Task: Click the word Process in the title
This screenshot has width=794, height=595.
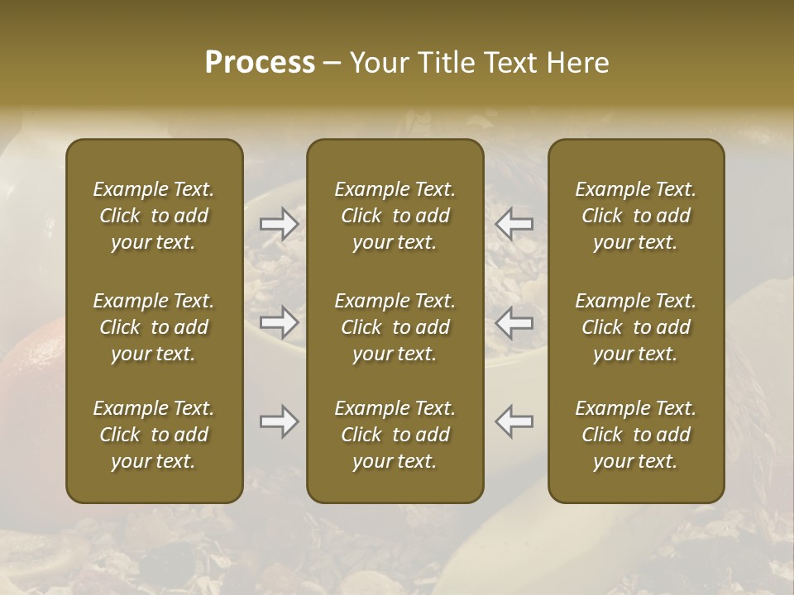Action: point(260,62)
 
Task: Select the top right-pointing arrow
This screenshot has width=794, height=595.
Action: point(279,223)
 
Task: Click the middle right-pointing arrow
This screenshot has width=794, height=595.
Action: point(279,321)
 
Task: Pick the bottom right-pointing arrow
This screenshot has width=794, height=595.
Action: point(279,421)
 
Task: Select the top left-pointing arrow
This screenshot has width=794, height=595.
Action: point(514,223)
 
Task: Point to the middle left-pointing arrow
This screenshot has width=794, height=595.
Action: point(514,321)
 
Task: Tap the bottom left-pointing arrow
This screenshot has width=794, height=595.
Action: point(514,421)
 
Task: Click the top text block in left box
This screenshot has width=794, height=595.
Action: point(154,216)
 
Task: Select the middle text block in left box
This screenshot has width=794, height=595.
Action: point(154,327)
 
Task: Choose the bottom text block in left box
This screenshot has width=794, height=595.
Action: point(154,435)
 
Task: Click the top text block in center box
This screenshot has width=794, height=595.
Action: point(395,216)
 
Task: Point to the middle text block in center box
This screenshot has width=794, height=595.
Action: point(395,327)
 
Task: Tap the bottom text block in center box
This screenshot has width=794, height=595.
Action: point(395,435)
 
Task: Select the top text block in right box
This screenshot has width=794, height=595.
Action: point(635,216)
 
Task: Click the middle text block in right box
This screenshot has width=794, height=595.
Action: point(635,327)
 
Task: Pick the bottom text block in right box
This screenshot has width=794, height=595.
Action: point(635,435)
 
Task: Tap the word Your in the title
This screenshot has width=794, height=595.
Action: point(376,62)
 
